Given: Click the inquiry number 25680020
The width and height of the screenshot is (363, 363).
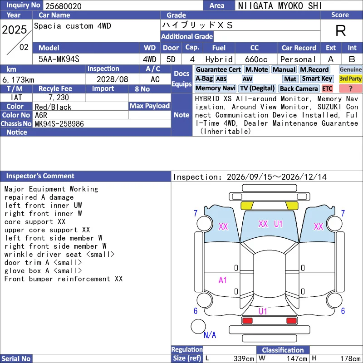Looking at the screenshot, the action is point(64,6).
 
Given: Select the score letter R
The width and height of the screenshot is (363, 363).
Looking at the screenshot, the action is point(341,30).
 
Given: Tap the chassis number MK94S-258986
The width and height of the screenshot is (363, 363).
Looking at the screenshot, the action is point(59,124).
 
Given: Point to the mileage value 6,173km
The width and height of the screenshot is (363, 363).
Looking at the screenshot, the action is point(18,80).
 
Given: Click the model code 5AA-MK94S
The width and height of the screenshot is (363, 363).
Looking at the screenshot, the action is point(59,59).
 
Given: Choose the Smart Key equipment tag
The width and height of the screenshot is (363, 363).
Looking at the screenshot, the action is point(317,78).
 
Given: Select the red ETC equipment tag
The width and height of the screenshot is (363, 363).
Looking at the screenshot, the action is point(327,88).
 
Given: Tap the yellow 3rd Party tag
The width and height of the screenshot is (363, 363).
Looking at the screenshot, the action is point(350,78).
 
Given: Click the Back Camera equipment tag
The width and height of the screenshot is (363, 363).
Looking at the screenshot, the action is point(299,88).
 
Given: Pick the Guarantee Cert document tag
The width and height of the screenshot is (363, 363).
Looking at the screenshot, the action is point(218,69).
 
